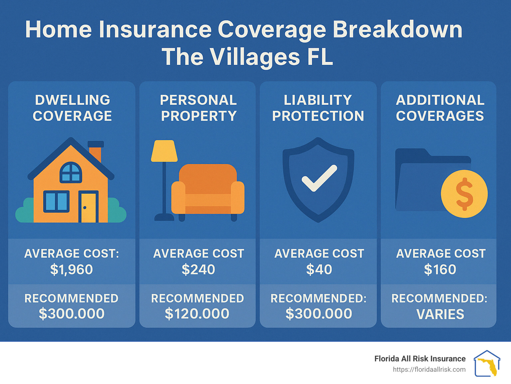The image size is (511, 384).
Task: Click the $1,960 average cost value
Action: click(72, 270)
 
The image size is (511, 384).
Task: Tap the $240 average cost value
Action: click(198, 270)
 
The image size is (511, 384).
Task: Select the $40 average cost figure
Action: click(319, 270)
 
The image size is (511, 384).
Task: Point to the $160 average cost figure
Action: click(440, 270)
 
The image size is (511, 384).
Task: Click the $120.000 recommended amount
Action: click(197, 314)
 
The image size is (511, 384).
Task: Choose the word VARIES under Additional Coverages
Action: click(440, 314)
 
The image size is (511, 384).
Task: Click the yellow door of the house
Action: click(88, 208)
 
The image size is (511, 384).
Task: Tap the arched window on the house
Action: click(71, 172)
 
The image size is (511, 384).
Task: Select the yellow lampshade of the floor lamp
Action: click(164, 151)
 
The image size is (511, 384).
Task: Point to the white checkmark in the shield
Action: click(319, 178)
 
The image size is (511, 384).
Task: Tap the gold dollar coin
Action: click(464, 194)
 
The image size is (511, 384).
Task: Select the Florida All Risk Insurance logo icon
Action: click(487, 363)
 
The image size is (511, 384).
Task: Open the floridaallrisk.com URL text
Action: click(429, 369)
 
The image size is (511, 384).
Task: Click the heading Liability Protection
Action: click(318, 108)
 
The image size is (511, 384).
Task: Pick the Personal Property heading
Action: click(199, 108)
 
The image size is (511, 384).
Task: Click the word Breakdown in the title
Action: click(397, 30)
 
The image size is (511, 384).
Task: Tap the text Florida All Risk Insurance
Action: click(420, 359)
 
